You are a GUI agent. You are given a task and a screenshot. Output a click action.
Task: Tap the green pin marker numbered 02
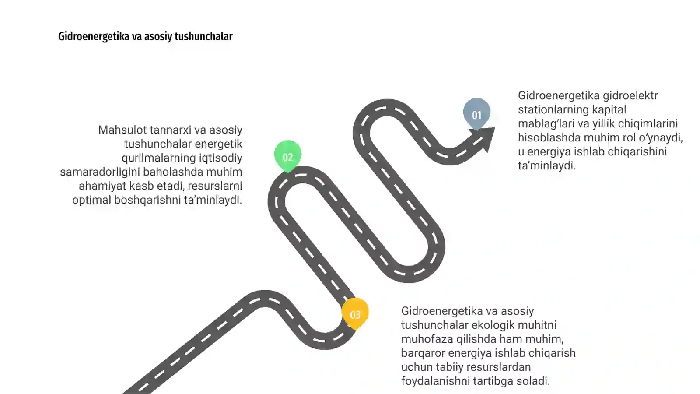click(287, 156)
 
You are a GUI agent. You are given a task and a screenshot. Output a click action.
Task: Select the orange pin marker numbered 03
click(355, 313)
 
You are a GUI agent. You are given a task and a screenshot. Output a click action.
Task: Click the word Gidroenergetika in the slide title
click(94, 37)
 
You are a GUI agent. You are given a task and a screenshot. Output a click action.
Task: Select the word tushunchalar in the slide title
click(204, 37)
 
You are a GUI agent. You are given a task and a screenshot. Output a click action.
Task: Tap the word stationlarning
click(552, 110)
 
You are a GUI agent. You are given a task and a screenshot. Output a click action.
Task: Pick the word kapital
click(608, 110)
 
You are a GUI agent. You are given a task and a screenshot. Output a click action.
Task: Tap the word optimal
click(91, 200)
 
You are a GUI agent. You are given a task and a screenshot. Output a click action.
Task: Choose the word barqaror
click(423, 353)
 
